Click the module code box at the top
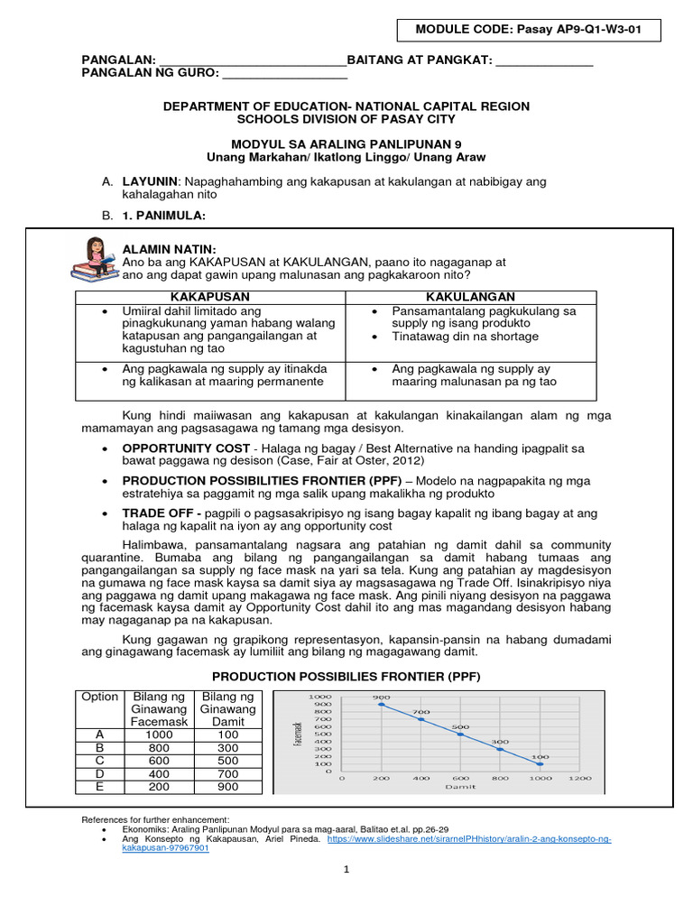pyautogui.click(x=529, y=31)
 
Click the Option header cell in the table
pyautogui.click(x=100, y=697)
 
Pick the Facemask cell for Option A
pyautogui.click(x=159, y=735)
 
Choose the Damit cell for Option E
pyautogui.click(x=227, y=786)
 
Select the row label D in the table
pyautogui.click(x=100, y=773)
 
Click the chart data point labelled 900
pyautogui.click(x=381, y=705)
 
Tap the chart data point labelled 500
pyautogui.click(x=460, y=735)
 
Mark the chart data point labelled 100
pyautogui.click(x=540, y=764)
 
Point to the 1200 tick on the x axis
pyautogui.click(x=579, y=778)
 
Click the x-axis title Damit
pyautogui.click(x=460, y=787)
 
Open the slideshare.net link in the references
pyautogui.click(x=469, y=839)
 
